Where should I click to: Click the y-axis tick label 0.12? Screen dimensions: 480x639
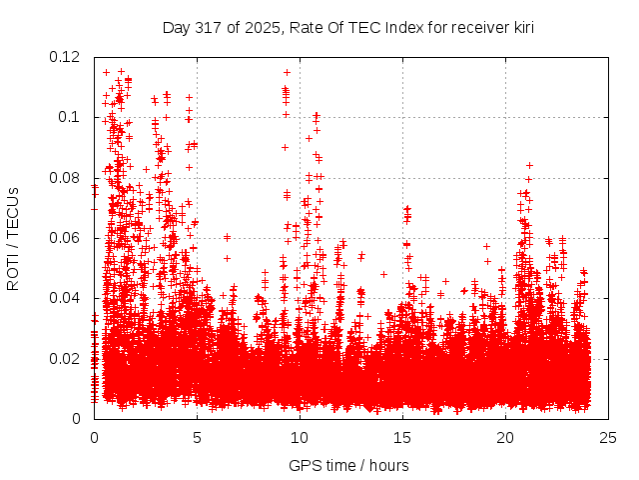(67, 57)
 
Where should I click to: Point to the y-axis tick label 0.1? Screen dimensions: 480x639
(71, 117)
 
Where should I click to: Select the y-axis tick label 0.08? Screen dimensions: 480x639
(67, 178)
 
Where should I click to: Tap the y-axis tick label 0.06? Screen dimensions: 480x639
(67, 238)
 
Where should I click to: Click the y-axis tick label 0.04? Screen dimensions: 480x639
(67, 298)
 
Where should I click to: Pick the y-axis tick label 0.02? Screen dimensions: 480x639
(67, 358)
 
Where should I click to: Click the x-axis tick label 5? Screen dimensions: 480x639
(197, 437)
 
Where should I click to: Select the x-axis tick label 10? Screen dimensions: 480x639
(300, 437)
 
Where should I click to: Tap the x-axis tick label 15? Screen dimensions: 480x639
(402, 437)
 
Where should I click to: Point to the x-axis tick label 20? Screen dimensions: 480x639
(505, 437)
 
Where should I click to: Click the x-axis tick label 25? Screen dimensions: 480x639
(608, 437)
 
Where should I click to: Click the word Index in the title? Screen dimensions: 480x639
(399, 28)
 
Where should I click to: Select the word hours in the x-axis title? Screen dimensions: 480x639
(388, 465)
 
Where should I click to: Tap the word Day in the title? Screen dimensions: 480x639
(176, 28)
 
